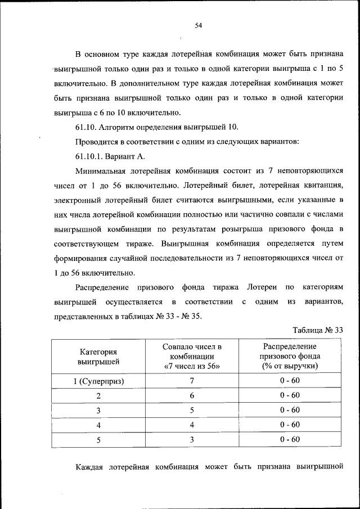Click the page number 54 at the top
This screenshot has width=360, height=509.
(x=198, y=25)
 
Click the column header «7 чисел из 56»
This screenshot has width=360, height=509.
(x=192, y=366)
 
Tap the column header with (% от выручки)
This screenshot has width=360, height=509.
(x=290, y=366)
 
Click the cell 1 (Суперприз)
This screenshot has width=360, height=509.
(x=98, y=381)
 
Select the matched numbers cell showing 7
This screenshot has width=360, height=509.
(x=192, y=381)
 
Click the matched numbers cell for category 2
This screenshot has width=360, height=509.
(x=192, y=395)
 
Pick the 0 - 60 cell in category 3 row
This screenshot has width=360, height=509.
(x=290, y=410)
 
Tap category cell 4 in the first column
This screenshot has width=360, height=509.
(x=98, y=425)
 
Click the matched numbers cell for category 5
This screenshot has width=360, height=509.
(x=192, y=439)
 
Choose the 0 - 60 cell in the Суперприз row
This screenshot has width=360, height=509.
(x=290, y=381)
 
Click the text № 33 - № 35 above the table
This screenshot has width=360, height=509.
(x=174, y=316)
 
